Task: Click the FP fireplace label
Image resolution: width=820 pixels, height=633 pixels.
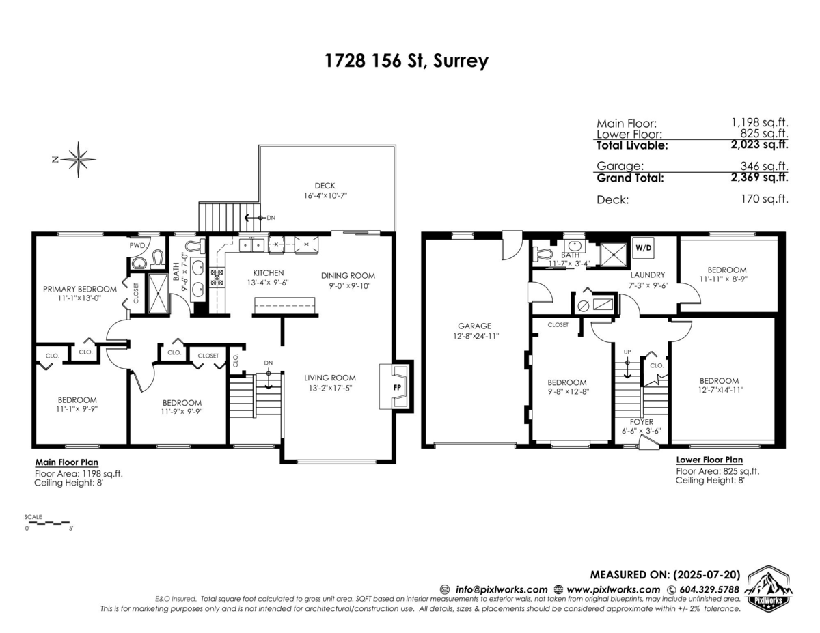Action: click(x=397, y=387)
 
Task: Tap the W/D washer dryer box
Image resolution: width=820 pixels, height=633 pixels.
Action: click(x=644, y=248)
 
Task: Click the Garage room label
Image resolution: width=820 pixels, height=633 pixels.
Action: click(x=474, y=326)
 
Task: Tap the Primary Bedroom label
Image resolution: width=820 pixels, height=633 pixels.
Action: click(x=80, y=289)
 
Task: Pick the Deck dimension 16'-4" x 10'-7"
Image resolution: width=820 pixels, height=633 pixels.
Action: click(x=325, y=196)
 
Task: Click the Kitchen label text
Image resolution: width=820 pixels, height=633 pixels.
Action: click(x=269, y=273)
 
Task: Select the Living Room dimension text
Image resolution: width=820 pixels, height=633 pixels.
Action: click(x=330, y=388)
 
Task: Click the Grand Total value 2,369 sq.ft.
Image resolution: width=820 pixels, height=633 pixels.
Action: click(x=759, y=177)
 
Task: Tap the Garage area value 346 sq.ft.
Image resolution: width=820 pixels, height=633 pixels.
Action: click(x=764, y=166)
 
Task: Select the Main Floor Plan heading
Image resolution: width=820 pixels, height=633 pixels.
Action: click(x=67, y=462)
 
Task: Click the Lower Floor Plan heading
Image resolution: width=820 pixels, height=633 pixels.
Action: click(x=709, y=460)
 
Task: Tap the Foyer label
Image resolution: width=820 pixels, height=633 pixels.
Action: click(x=642, y=422)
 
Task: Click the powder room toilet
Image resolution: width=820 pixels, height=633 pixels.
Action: click(x=158, y=259)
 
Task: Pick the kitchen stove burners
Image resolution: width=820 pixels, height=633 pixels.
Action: click(x=217, y=277)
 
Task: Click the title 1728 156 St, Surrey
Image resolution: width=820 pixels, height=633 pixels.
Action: click(x=407, y=61)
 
